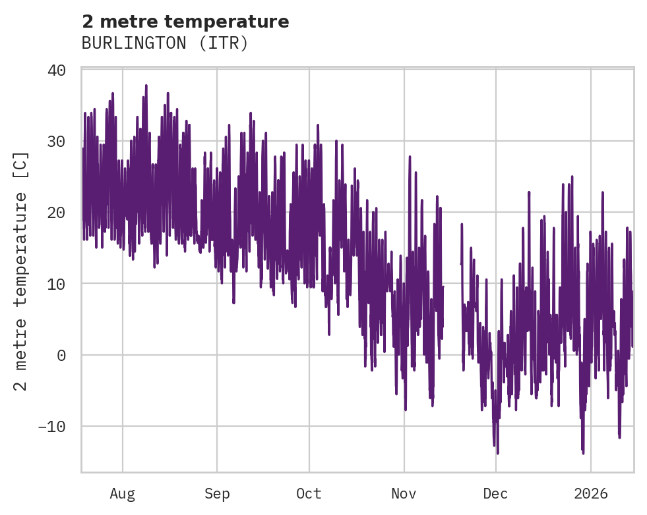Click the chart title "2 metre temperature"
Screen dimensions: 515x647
[185, 22]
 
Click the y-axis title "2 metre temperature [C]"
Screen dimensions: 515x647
[22, 271]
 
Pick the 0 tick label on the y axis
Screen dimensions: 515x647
[61, 355]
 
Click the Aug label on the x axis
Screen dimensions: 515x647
[123, 493]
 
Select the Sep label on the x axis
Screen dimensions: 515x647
[217, 493]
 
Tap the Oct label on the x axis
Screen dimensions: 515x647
[309, 493]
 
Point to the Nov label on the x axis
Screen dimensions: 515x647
[404, 493]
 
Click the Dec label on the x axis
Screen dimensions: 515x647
[495, 493]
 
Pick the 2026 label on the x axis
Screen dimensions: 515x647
[590, 493]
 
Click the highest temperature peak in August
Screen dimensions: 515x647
[146, 86]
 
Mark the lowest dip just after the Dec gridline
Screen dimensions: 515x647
[497, 452]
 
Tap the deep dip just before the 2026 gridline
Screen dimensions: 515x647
[583, 452]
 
